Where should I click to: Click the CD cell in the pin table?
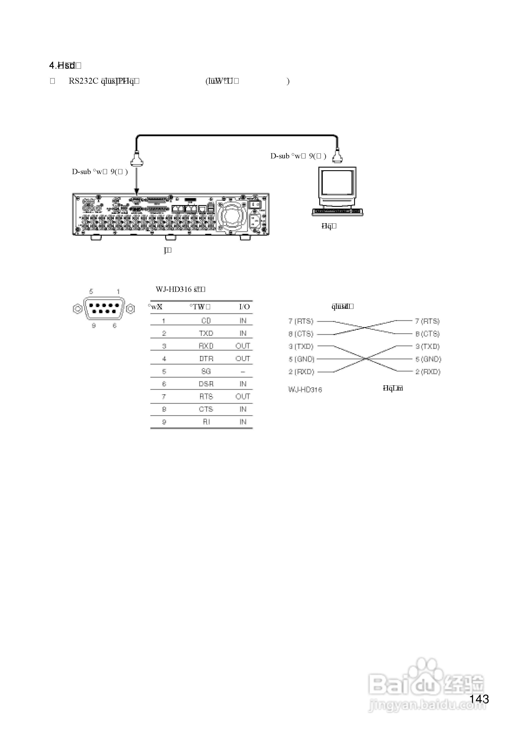206,321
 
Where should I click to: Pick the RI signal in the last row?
206,422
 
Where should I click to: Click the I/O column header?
244,307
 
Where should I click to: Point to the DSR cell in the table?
206,384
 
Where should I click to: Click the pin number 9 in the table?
164,422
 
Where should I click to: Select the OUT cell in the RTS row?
243,397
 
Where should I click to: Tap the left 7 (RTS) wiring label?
301,321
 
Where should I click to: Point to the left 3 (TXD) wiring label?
301,346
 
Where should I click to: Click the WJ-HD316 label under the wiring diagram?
305,390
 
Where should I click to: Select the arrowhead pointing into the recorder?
137,192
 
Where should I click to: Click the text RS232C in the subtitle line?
83,81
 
